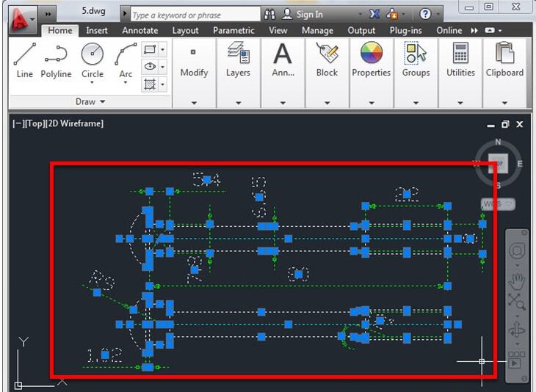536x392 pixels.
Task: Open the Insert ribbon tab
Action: point(97,31)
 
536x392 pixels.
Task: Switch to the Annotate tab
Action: point(140,31)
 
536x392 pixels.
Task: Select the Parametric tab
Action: point(233,31)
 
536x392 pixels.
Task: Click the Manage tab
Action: point(317,31)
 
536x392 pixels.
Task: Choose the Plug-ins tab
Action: point(407,31)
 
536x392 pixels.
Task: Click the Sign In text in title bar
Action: point(309,14)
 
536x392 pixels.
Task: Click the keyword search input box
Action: point(195,15)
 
